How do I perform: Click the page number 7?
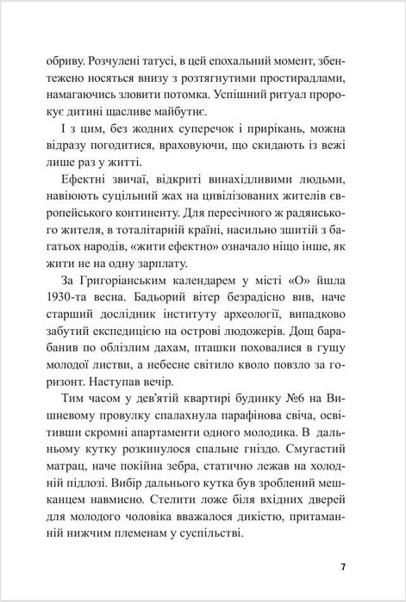pyautogui.click(x=343, y=567)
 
